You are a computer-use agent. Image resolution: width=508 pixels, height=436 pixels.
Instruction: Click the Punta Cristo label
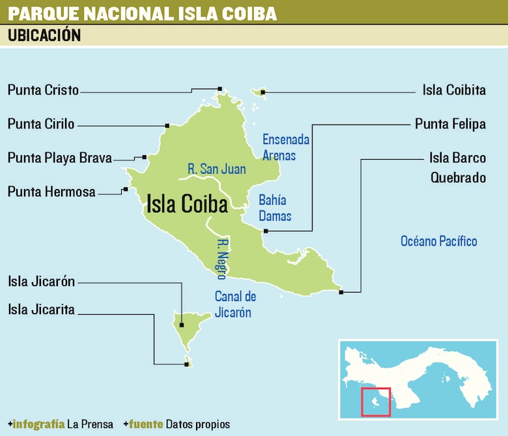(43, 90)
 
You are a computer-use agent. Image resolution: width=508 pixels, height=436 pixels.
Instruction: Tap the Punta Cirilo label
(41, 124)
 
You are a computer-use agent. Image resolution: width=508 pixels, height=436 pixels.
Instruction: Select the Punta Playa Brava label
(60, 158)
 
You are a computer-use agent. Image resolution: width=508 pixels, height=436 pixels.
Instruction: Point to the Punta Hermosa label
(51, 192)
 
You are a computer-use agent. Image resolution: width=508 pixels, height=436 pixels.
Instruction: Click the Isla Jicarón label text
(41, 282)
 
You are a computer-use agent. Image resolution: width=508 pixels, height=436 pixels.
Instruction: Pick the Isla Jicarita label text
(41, 309)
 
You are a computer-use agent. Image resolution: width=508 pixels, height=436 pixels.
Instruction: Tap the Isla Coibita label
(454, 90)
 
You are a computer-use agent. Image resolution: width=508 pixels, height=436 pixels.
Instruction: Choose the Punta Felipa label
(450, 124)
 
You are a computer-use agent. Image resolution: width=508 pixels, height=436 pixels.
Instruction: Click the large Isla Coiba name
(187, 204)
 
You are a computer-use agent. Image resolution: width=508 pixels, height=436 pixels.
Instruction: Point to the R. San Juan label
(216, 169)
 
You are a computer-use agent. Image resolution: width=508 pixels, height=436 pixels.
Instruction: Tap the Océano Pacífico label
(439, 241)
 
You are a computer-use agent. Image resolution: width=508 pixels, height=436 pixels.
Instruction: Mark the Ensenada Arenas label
(285, 147)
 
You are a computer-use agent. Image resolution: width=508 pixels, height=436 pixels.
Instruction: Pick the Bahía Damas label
(275, 208)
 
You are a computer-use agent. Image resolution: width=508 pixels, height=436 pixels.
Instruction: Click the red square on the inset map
(376, 401)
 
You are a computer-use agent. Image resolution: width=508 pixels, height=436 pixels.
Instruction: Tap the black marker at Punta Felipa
(266, 231)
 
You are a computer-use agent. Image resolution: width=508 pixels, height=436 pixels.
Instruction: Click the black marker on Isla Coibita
(263, 93)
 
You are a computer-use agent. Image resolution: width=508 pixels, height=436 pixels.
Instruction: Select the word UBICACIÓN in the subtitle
(44, 36)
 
